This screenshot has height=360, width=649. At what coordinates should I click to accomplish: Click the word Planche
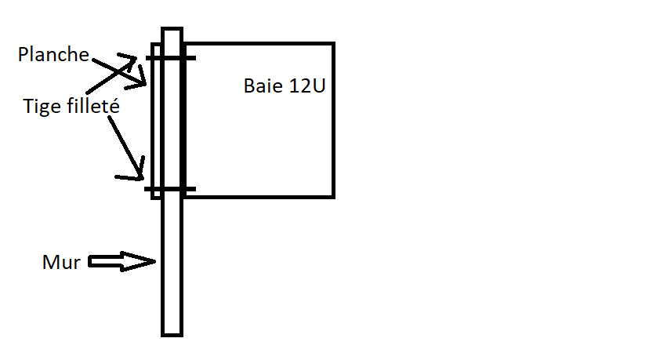coord(53,54)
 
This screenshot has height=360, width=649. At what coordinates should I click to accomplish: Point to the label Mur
coord(61,262)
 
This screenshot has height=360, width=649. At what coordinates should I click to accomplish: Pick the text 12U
coord(307,85)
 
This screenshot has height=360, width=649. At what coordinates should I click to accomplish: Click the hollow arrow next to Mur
coord(122,261)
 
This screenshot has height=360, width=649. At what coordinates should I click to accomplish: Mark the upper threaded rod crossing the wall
coord(171,58)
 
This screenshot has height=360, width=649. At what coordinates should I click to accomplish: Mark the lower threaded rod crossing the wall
coord(170,189)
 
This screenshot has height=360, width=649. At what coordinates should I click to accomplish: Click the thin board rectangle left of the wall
coord(156,121)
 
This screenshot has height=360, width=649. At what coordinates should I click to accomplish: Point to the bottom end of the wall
coord(172,335)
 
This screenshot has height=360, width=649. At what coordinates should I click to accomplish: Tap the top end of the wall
coord(172,28)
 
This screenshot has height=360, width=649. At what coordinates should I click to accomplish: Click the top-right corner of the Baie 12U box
coord(334,42)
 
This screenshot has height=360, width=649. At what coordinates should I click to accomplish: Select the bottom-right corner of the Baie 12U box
coord(334,197)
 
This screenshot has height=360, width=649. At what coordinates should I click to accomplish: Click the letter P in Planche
coord(24,55)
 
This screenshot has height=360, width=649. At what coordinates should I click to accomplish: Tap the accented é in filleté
coord(114,105)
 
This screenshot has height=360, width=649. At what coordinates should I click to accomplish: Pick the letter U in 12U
coord(319,85)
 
